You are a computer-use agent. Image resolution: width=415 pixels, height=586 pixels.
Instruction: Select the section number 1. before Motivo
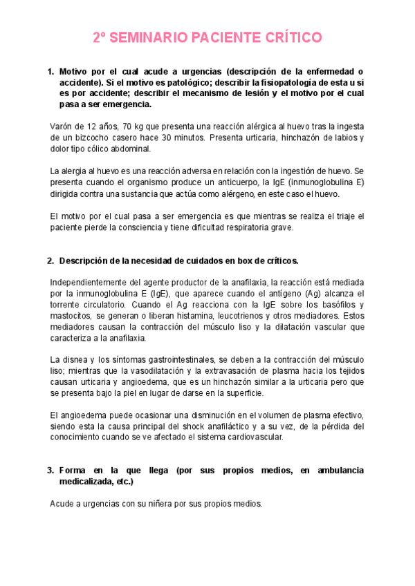(x=50, y=71)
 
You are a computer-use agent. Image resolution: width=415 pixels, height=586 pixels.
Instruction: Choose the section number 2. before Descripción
(x=50, y=261)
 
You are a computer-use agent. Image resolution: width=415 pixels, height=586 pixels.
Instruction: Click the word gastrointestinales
(x=180, y=360)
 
